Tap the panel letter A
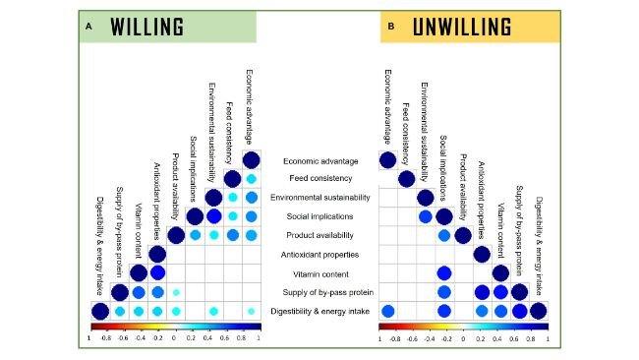pyautogui.click(x=87, y=27)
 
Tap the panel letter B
pyautogui.click(x=391, y=27)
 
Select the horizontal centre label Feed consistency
pyautogui.click(x=319, y=178)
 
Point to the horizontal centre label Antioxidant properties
pyautogui.click(x=319, y=254)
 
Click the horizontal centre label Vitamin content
pyautogui.click(x=319, y=273)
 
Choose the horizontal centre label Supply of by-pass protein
pyautogui.click(x=319, y=292)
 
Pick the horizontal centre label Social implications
pyautogui.click(x=319, y=216)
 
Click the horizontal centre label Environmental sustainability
pyautogui.click(x=319, y=198)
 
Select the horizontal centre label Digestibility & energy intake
pyautogui.click(x=319, y=312)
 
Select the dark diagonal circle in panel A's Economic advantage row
pyautogui.click(x=251, y=160)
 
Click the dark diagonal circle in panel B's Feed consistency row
pyautogui.click(x=406, y=179)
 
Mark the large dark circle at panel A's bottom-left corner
pyautogui.click(x=100, y=312)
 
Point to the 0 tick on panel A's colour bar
pyautogui.click(x=174, y=337)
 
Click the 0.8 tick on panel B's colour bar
pyautogui.click(x=530, y=337)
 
